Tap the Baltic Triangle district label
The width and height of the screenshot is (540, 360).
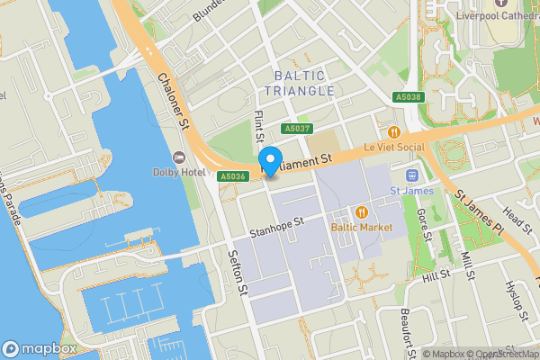click(301, 84)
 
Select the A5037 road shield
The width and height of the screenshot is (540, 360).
click(296, 129)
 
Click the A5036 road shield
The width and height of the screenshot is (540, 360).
click(232, 176)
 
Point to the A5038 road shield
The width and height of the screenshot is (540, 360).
click(407, 97)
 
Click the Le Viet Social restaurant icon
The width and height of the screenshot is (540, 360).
click(393, 132)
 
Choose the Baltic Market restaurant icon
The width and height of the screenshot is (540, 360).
click(361, 212)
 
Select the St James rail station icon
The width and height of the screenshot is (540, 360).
click(413, 175)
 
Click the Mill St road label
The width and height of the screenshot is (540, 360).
click(467, 265)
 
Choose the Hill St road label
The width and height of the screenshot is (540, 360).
click(435, 274)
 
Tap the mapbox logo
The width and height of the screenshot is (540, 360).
click(38, 348)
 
